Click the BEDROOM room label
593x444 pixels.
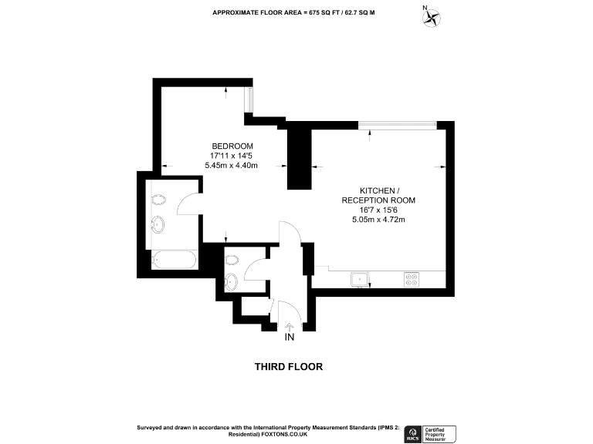232,146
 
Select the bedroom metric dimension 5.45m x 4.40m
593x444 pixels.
231,165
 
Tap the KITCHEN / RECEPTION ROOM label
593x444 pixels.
378,195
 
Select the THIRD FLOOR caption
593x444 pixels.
289,367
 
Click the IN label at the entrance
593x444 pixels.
290,338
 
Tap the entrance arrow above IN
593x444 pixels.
290,327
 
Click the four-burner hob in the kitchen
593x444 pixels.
412,279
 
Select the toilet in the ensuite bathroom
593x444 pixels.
158,199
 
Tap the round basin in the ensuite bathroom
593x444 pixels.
158,225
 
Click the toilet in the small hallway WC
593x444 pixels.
232,278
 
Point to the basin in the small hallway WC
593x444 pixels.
231,258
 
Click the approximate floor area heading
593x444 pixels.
287,13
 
